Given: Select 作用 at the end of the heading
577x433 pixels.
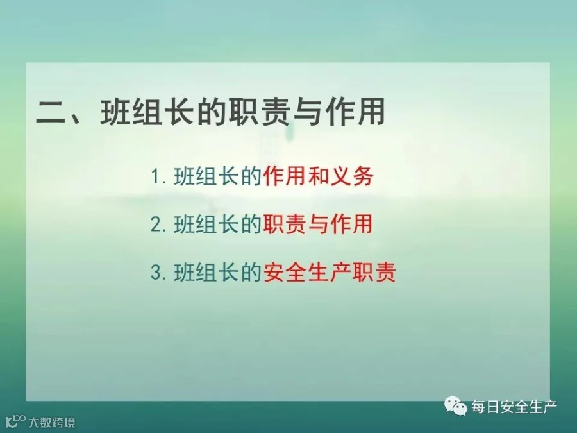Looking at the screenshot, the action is [355, 112].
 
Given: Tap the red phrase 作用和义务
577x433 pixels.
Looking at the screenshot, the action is [318, 176].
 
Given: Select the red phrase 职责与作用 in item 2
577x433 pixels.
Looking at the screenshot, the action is [318, 224].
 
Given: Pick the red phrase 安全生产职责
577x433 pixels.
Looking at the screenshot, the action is [330, 273].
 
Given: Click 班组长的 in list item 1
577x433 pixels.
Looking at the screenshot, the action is [217, 176].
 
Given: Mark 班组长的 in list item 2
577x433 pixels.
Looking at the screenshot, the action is [217, 224].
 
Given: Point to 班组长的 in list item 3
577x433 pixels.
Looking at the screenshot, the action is [217, 273].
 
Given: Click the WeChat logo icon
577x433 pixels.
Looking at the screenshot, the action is [456, 406].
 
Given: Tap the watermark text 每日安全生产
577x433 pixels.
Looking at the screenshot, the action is [514, 407].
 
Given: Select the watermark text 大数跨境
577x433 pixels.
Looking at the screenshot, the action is [52, 422].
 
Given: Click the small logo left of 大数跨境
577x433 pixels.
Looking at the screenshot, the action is [15, 421].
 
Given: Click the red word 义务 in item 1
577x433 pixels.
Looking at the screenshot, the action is [352, 176].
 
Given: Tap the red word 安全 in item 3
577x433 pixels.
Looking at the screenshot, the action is [285, 273].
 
